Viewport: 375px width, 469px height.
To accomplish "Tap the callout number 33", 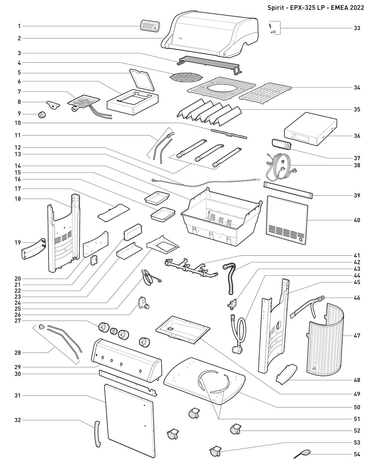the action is click(357, 28).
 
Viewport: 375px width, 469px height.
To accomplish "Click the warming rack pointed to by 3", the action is click(209, 65).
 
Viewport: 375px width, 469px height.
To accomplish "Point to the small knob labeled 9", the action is click(42, 114).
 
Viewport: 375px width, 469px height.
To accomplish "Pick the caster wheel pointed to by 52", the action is click(235, 429).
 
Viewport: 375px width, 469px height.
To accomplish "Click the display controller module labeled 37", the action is click(282, 144).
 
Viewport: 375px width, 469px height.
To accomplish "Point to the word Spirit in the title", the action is click(276, 8).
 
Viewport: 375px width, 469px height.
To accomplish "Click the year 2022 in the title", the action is click(356, 8).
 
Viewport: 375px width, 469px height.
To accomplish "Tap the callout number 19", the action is click(18, 243).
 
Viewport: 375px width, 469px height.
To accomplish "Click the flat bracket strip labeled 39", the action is click(288, 190).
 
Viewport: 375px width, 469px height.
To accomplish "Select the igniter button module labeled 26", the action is click(144, 303).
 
